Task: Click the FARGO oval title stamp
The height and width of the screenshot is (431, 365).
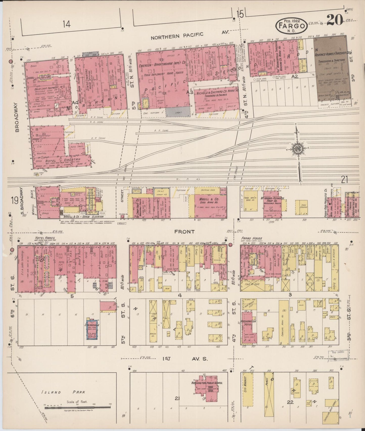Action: pos(291,26)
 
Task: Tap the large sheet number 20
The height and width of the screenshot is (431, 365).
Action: pos(334,20)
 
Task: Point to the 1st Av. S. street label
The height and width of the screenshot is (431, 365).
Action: pos(185,359)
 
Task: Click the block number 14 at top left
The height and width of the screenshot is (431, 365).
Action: pos(67,24)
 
